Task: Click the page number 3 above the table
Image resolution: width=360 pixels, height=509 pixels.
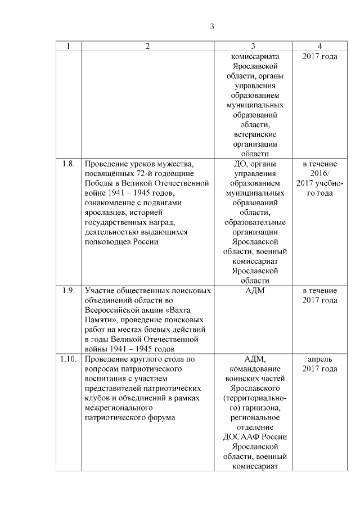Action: (x=211, y=26)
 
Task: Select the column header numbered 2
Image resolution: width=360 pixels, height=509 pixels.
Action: (x=148, y=46)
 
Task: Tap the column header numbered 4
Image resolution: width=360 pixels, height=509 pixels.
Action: (x=319, y=46)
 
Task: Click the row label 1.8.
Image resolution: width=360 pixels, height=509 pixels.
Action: (x=68, y=164)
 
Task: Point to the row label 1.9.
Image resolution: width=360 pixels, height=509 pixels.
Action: (x=68, y=290)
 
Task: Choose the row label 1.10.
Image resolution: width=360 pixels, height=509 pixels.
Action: (x=68, y=358)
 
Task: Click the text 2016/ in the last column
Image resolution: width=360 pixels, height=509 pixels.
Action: (x=319, y=173)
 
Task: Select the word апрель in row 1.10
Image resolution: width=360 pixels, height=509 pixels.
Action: (x=319, y=358)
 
